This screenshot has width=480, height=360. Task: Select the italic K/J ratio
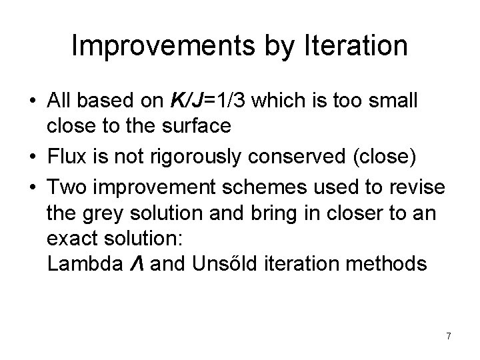(x=190, y=102)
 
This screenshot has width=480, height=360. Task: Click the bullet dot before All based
(x=33, y=103)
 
